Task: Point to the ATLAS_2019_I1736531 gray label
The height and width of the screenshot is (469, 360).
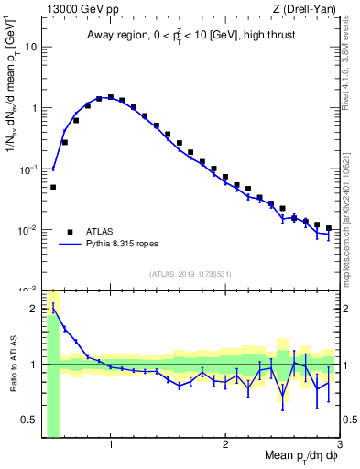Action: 190,274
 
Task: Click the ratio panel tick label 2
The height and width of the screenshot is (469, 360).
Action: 34,308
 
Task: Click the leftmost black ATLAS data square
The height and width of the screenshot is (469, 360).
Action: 53,187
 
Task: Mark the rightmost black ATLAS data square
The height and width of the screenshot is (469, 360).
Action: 328,228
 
